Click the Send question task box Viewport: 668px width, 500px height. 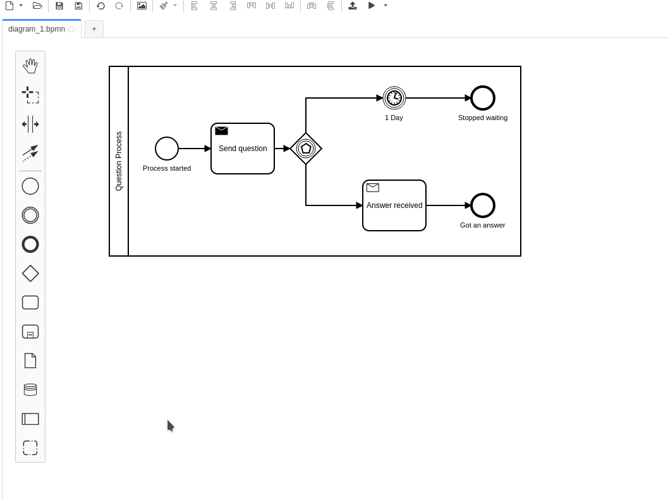coord(243,155)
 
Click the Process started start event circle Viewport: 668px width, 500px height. coord(167,149)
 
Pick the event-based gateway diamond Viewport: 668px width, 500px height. coord(306,149)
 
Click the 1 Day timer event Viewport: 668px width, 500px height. coord(394,98)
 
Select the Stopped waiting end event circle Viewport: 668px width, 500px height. coord(483,98)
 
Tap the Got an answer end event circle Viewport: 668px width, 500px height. coord(483,205)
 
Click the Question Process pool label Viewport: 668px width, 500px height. coord(119,161)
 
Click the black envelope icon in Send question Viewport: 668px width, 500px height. coord(221,131)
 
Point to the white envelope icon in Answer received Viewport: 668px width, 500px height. coord(373,188)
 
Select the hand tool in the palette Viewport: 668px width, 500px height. coord(30,66)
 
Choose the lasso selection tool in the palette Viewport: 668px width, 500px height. coord(30,95)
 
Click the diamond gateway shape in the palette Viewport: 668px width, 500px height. coord(30,273)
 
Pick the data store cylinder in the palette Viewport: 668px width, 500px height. coord(30,389)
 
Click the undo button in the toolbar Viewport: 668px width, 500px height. coord(100,6)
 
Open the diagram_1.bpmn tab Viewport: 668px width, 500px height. coord(37,29)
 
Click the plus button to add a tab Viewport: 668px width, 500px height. coord(94,29)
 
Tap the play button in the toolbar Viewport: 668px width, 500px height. coord(372,6)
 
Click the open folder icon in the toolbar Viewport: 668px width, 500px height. coord(37,6)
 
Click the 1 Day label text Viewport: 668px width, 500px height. coord(394,118)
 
